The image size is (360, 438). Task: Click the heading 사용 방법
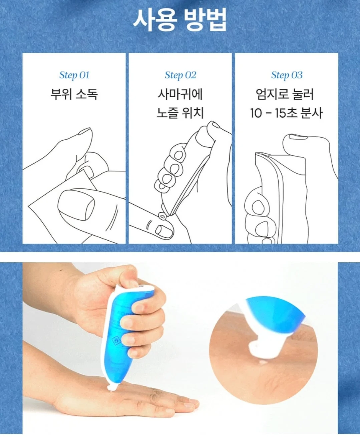tap(180, 20)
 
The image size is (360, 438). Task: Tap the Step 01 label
tap(74, 75)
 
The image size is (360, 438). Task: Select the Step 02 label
tap(181, 75)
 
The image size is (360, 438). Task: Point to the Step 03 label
tap(287, 75)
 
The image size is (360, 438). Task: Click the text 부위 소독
tap(74, 94)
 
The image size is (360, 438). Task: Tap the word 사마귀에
tap(180, 94)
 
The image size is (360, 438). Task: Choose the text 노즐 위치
tap(180, 113)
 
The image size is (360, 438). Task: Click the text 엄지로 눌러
tap(285, 94)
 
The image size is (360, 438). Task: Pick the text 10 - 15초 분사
tap(286, 113)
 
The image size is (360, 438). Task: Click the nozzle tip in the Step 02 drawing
tap(162, 216)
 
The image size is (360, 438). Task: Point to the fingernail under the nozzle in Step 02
tap(164, 231)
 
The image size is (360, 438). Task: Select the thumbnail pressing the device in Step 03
tap(298, 136)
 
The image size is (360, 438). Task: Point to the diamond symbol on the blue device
tap(115, 340)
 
